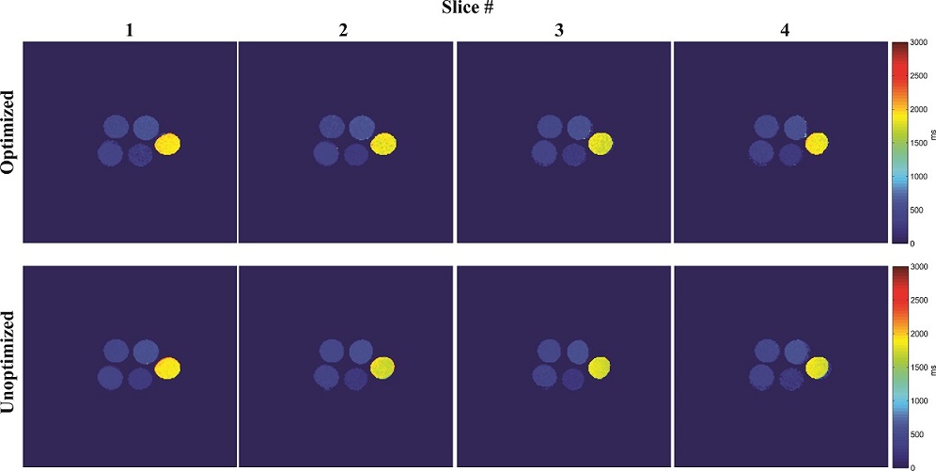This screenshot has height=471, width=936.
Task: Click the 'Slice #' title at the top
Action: pos(467,10)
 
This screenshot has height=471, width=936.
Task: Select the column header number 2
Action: pos(344,30)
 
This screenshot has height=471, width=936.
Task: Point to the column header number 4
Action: pos(787,30)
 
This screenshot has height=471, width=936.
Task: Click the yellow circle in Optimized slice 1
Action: pos(168,144)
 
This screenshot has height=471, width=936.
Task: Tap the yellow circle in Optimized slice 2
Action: pos(383,144)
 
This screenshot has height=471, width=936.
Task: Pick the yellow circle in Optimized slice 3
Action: pos(601,144)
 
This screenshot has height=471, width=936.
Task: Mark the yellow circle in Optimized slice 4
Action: pos(817,143)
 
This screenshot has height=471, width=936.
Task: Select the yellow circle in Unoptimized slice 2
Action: pos(383,368)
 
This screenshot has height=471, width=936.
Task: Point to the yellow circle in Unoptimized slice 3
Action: pos(601,367)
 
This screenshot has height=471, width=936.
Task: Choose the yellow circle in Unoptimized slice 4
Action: pos(817,367)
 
